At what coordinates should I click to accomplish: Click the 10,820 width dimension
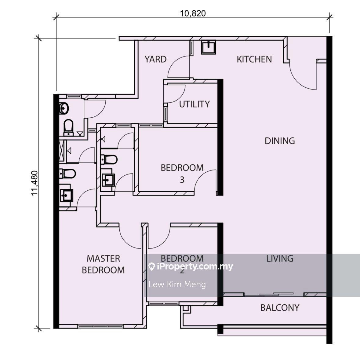pyautogui.click(x=193, y=13)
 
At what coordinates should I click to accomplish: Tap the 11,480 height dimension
pyautogui.click(x=35, y=183)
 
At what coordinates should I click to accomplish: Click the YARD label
pyautogui.click(x=155, y=59)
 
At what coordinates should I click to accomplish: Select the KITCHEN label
pyautogui.click(x=254, y=59)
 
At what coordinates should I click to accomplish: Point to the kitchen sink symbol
pyautogui.click(x=208, y=47)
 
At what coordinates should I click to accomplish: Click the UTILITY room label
pyautogui.click(x=194, y=104)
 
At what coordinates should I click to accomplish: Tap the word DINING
pyautogui.click(x=280, y=141)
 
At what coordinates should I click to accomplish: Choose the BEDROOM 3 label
pyautogui.click(x=182, y=174)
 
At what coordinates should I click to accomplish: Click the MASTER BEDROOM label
pyautogui.click(x=103, y=264)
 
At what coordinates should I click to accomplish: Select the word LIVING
pyautogui.click(x=280, y=258)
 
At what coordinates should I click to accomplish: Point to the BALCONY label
pyautogui.click(x=280, y=308)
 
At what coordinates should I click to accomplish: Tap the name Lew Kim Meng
pyautogui.click(x=177, y=284)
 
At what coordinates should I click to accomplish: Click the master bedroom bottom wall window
pyautogui.click(x=100, y=326)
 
